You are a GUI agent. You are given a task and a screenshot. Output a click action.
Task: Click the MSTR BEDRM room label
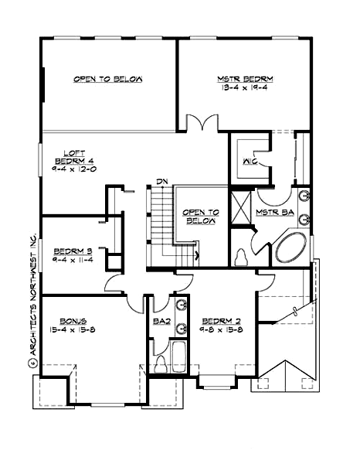pos(245,79)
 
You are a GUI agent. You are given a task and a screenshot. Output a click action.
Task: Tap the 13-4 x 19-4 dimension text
pos(245,88)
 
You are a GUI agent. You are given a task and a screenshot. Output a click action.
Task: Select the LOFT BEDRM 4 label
pos(73,158)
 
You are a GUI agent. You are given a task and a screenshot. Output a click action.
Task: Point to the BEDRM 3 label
pos(73,251)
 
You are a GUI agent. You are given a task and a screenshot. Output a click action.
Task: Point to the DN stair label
pos(161,181)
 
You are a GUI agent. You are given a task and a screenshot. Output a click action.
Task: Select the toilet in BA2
pos(161,363)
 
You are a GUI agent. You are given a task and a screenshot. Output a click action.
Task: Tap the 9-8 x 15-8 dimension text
pos(220,330)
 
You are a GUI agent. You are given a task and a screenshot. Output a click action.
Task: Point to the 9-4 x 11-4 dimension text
pos(73,260)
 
